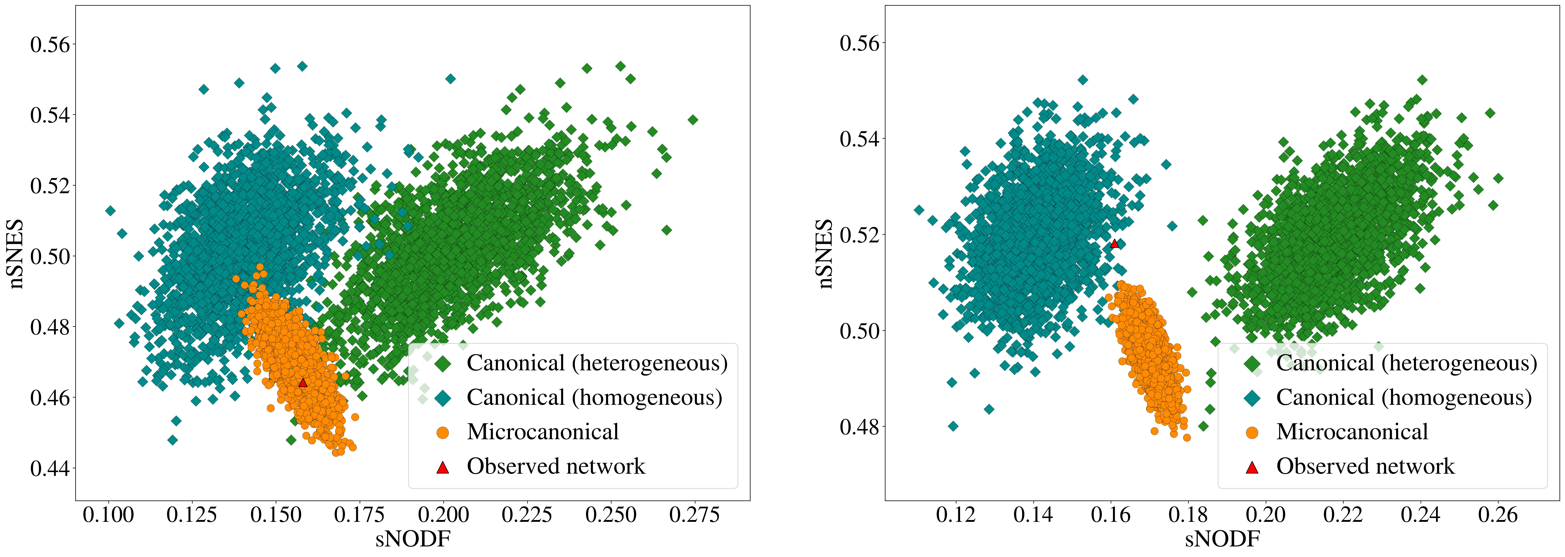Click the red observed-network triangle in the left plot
[x=303, y=382]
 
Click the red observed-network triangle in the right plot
[x=1114, y=244]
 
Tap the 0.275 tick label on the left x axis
[x=694, y=515]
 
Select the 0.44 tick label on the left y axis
[x=50, y=468]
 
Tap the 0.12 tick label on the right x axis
[x=956, y=515]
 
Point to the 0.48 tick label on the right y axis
[x=859, y=426]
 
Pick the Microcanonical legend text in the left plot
[x=543, y=432]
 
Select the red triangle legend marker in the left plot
[x=443, y=467]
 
